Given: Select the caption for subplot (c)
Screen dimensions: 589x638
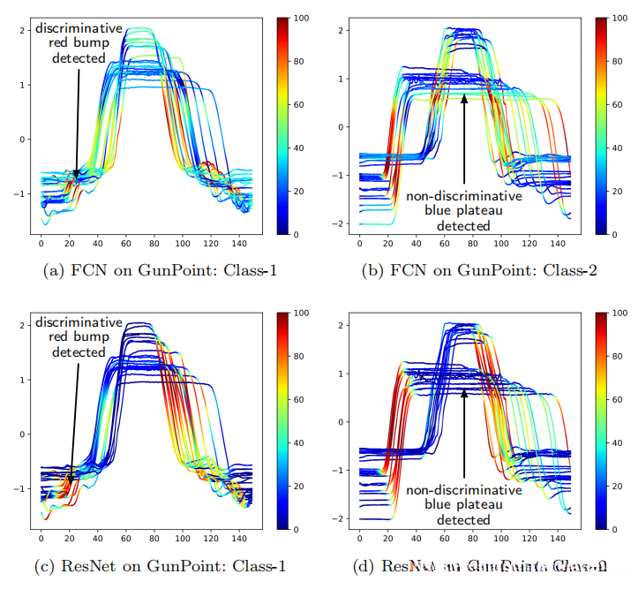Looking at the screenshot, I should click(x=160, y=566).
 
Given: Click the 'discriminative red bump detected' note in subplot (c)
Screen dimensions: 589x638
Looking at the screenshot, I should click(x=79, y=337).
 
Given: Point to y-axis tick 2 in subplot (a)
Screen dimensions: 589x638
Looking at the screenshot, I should click(x=24, y=30).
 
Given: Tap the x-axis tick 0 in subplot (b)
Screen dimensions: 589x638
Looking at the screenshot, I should click(x=360, y=242).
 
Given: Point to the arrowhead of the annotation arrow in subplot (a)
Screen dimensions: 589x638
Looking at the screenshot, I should click(x=76, y=177).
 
